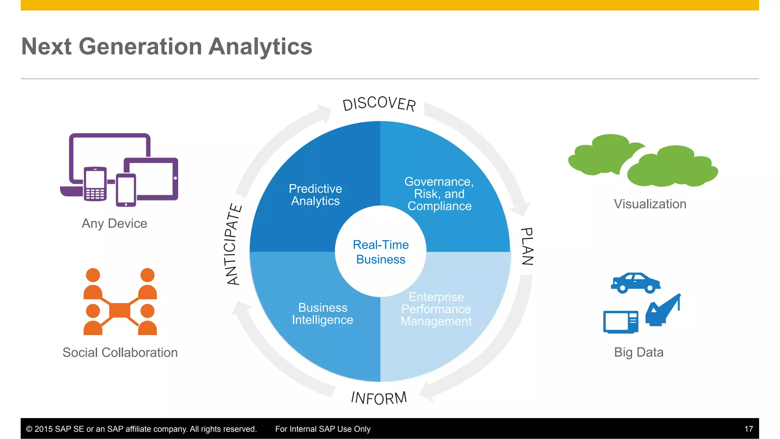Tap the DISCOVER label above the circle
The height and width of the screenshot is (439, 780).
click(379, 104)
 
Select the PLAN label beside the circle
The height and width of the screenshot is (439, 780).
click(527, 246)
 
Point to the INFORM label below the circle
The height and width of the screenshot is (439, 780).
click(379, 398)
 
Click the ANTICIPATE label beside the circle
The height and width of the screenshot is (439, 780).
click(233, 244)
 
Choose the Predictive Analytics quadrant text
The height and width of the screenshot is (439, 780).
click(315, 195)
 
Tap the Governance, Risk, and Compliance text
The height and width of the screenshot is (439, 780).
click(439, 194)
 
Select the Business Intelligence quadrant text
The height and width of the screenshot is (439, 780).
click(323, 314)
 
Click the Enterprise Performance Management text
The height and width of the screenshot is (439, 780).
click(436, 309)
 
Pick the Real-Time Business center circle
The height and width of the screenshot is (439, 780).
click(380, 252)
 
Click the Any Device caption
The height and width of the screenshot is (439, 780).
click(114, 223)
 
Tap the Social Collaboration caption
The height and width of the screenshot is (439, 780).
click(120, 352)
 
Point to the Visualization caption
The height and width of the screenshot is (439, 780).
click(650, 204)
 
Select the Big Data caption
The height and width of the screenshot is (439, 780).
click(639, 352)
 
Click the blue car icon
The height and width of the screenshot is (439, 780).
click(635, 283)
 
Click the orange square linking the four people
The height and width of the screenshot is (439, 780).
click(120, 310)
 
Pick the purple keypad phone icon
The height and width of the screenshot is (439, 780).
click(95, 184)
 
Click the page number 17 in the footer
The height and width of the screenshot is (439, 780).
click(748, 429)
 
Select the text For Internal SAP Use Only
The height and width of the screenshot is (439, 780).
click(323, 429)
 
